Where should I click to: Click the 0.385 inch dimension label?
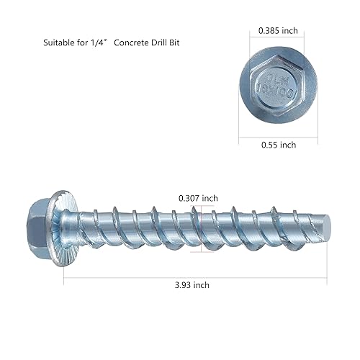tap(278, 31)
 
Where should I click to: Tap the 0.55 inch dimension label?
tap(278, 145)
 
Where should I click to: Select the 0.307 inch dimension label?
tap(198, 198)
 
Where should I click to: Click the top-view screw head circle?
tap(277, 86)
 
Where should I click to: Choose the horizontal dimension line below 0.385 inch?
tap(278, 42)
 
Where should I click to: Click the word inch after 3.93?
tap(200, 284)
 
